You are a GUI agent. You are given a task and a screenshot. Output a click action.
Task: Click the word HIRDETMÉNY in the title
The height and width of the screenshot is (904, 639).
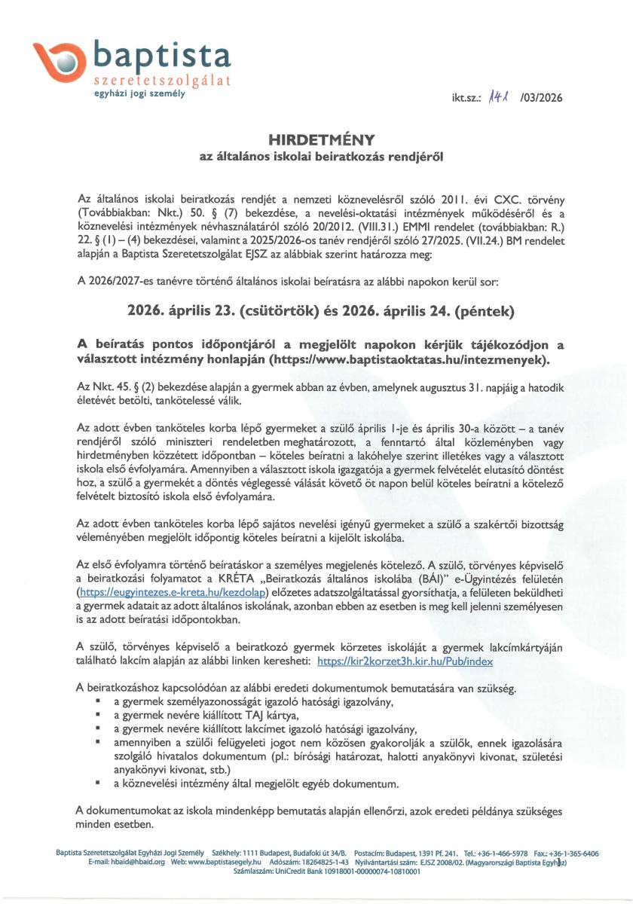319,140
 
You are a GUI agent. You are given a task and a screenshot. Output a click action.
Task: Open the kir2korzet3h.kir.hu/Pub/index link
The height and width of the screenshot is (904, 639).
405,661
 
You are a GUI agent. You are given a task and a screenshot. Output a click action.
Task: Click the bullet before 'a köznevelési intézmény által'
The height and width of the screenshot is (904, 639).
98,783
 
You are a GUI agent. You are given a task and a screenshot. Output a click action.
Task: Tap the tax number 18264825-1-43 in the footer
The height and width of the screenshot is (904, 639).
319,861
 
